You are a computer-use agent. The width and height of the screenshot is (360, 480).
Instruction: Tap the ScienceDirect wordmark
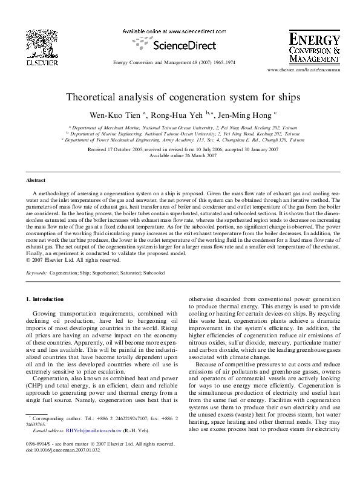178,44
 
